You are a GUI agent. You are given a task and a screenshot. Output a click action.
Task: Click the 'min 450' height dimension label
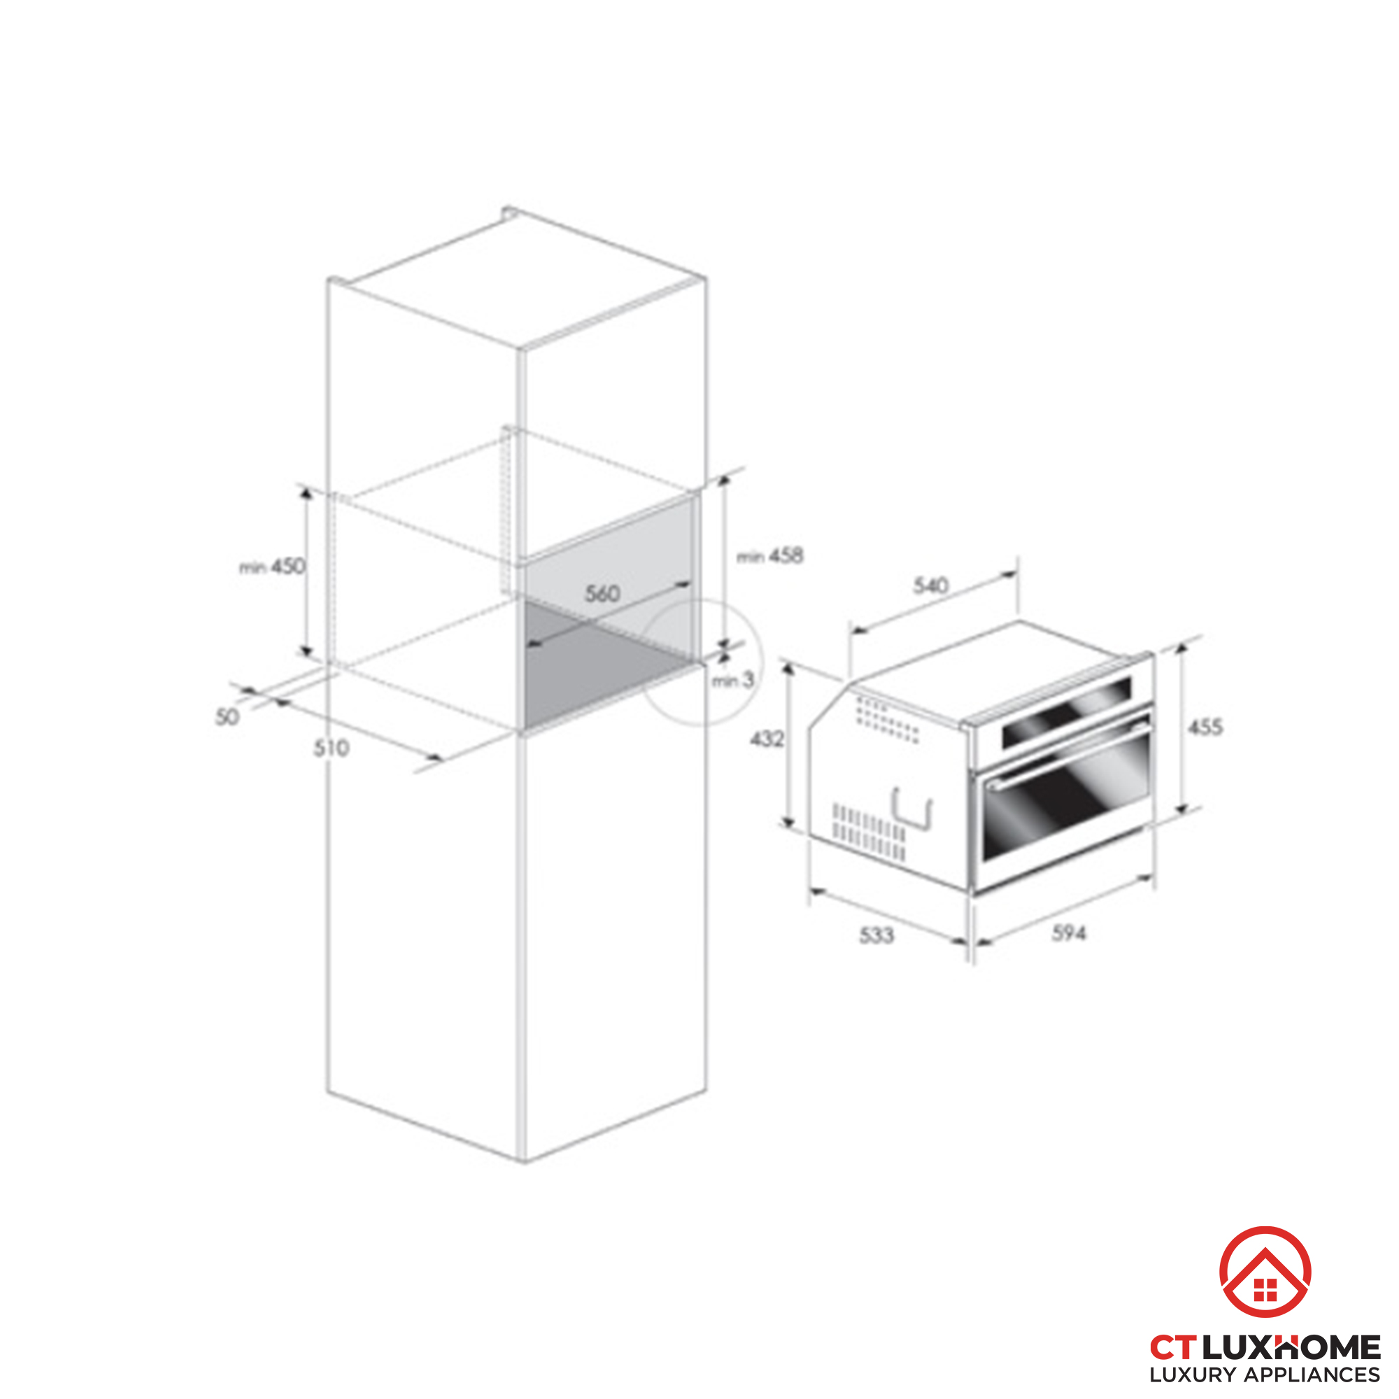click(x=272, y=567)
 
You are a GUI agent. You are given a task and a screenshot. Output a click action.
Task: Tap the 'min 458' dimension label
click(x=769, y=556)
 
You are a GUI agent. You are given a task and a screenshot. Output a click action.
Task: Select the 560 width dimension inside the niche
click(x=602, y=594)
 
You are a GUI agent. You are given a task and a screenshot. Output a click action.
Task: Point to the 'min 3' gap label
click(x=733, y=680)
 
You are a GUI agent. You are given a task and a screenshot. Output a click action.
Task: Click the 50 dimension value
click(x=227, y=717)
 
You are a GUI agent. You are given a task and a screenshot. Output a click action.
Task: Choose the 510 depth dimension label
click(x=332, y=748)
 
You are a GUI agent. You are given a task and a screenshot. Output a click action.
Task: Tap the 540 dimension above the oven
click(x=930, y=585)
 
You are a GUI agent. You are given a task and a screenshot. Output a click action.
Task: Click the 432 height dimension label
click(x=767, y=739)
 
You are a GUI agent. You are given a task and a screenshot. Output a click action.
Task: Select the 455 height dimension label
click(x=1206, y=726)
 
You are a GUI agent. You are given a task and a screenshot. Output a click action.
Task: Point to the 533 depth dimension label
click(x=877, y=935)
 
